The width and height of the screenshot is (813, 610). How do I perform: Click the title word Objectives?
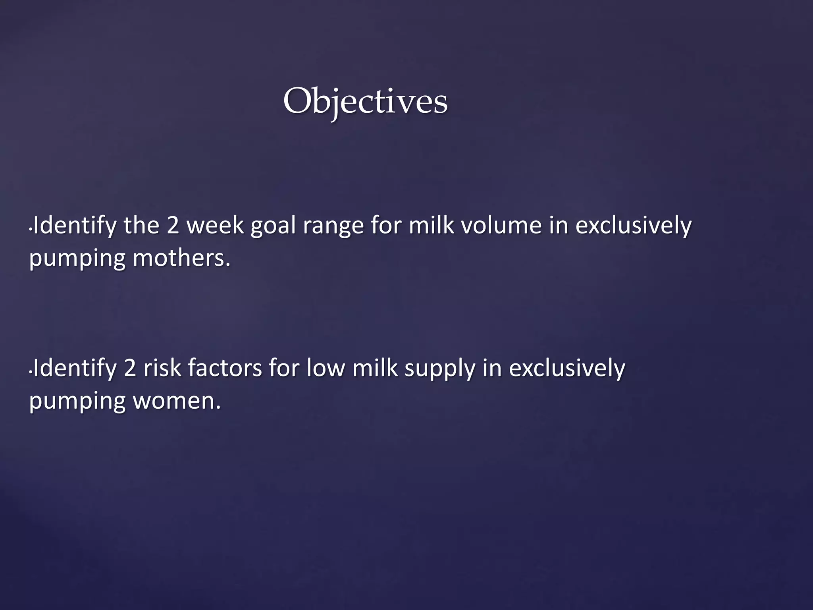pos(365,102)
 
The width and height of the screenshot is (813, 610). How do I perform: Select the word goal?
pos(274,226)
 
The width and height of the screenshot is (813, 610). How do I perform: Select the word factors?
pos(225,368)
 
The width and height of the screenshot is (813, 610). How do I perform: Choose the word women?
pos(177,401)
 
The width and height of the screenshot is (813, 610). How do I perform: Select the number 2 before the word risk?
pos(130,368)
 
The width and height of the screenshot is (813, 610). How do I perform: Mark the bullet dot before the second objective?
pos(31,373)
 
